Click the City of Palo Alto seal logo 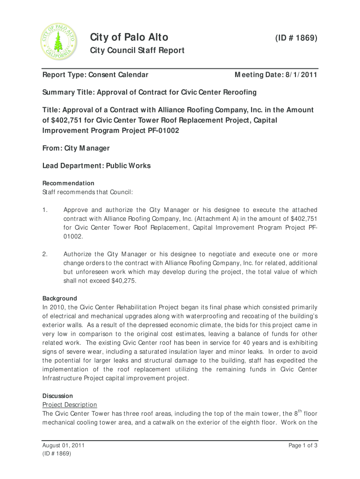[58, 43]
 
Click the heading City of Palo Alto [129, 37]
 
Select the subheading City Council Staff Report [137, 51]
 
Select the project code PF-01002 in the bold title [165, 131]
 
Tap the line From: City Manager [76, 148]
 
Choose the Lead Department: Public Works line [96, 166]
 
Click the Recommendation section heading [68, 183]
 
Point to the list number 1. [45, 210]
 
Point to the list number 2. [45, 254]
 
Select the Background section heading [60, 298]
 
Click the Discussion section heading [58, 396]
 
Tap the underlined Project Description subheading [70, 405]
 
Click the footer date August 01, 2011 [64, 446]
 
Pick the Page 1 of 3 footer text [303, 446]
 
